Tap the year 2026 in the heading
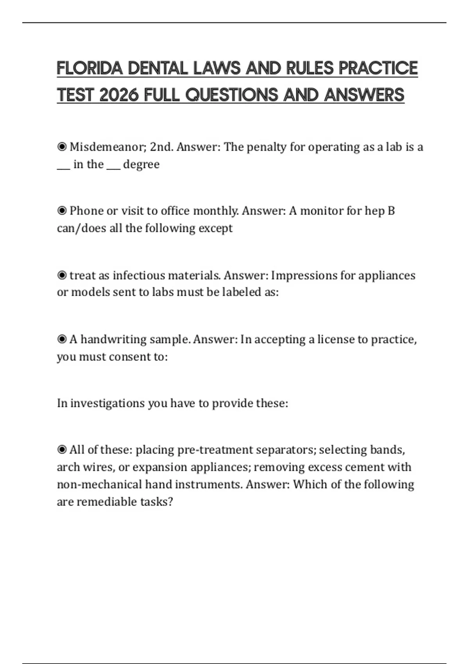119,95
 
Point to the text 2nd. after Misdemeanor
161,147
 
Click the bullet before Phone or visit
62,211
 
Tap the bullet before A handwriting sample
62,339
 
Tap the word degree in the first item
141,164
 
